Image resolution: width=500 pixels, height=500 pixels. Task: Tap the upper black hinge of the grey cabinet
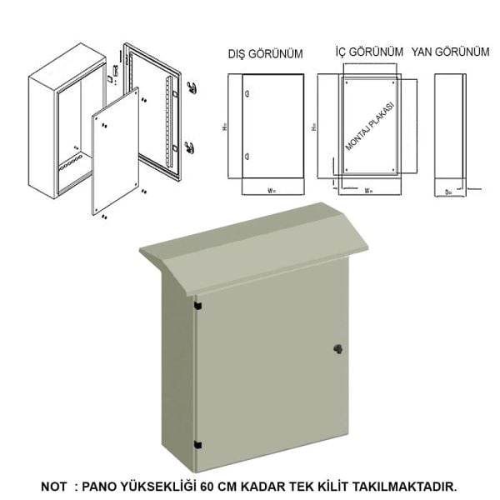click(x=197, y=307)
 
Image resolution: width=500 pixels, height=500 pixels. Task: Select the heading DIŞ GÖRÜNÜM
click(x=265, y=54)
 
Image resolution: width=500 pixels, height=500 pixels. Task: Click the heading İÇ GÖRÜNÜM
click(x=362, y=52)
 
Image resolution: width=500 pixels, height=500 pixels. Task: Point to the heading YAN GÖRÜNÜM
click(x=450, y=52)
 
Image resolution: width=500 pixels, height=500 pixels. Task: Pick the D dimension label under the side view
click(x=447, y=191)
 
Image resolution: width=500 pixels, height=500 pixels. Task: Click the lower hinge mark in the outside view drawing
click(x=247, y=157)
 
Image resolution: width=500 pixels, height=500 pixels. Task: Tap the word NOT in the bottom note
click(x=55, y=486)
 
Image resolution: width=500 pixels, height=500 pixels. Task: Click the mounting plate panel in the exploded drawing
click(x=114, y=154)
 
